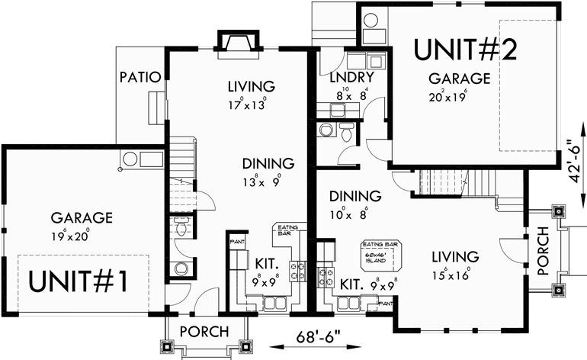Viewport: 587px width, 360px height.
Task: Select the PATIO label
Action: pyautogui.click(x=140, y=77)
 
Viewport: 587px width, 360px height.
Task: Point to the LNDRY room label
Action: pyautogui.click(x=351, y=79)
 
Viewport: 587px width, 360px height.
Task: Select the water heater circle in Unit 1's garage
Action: pyautogui.click(x=130, y=160)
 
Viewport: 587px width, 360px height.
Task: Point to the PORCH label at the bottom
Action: pyautogui.click(x=203, y=332)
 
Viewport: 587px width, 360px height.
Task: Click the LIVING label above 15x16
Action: pyautogui.click(x=454, y=256)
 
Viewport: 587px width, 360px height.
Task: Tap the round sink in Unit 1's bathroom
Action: pyautogui.click(x=181, y=268)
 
